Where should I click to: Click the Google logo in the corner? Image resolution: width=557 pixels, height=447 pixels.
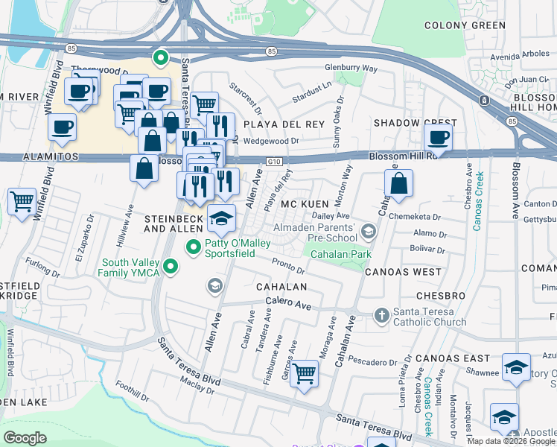pos(25,437)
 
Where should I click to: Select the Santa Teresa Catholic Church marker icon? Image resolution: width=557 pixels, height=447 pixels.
pos(381,314)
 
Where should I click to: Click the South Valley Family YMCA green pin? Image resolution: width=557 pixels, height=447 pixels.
pos(171,266)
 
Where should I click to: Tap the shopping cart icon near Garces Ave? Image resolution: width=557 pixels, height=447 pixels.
pos(304,372)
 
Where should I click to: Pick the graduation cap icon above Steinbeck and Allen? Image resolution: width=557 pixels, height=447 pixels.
pos(221,218)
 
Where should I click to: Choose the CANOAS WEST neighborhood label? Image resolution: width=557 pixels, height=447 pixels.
pos(403,272)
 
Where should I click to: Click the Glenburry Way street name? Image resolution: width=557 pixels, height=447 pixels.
pos(351,69)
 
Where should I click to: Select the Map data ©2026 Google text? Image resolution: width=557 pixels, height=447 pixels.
pos(511,441)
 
